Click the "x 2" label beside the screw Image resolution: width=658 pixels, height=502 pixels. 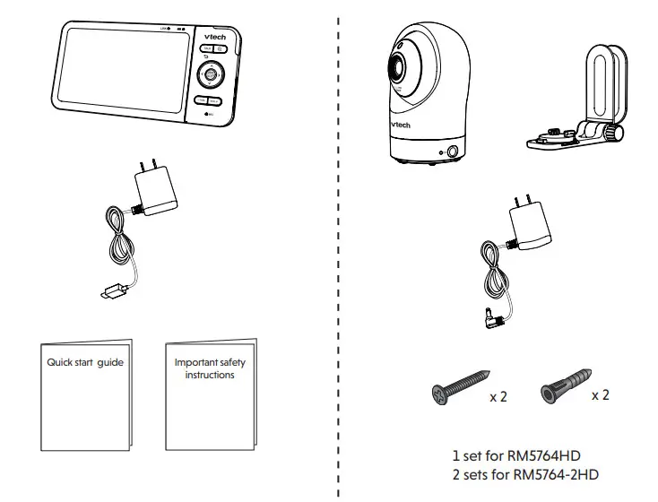pyautogui.click(x=498, y=396)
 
